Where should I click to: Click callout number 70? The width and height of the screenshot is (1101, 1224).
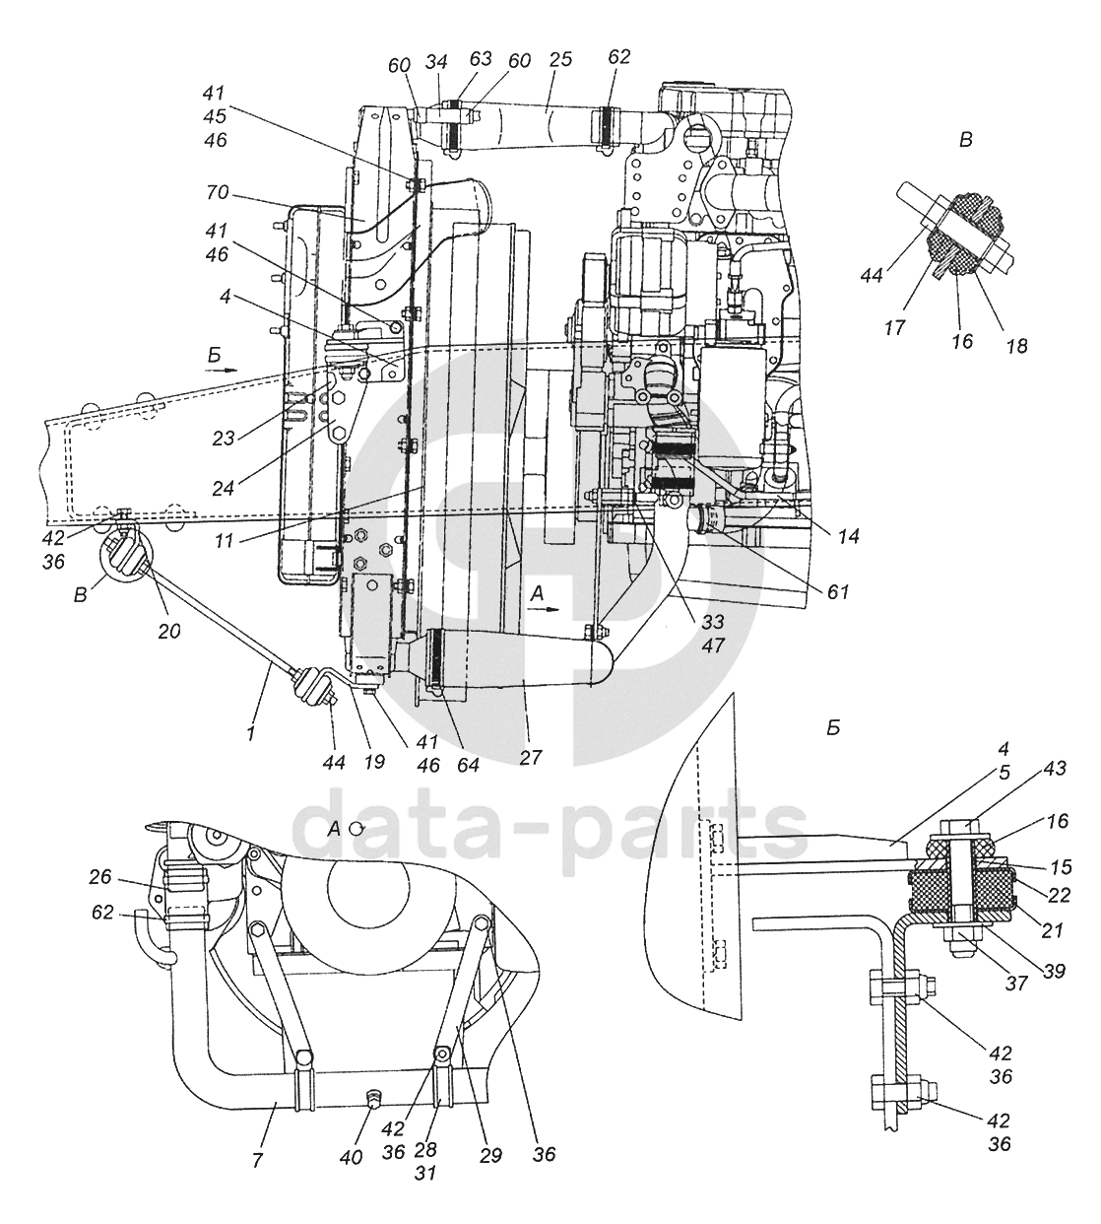pyautogui.click(x=218, y=193)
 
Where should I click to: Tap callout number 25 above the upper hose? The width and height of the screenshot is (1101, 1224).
pyautogui.click(x=560, y=60)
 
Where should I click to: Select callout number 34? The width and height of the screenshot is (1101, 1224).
pyautogui.click(x=436, y=62)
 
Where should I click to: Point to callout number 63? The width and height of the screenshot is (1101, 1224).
pyautogui.click(x=481, y=58)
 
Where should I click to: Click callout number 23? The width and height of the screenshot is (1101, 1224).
pyautogui.click(x=224, y=439)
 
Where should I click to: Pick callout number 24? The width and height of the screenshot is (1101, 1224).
pyautogui.click(x=225, y=489)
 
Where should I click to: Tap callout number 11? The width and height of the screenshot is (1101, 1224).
pyautogui.click(x=225, y=541)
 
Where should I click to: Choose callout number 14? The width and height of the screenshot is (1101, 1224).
pyautogui.click(x=849, y=536)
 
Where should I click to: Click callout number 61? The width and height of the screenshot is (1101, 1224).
pyautogui.click(x=837, y=591)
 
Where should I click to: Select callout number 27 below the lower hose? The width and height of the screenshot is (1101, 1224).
pyautogui.click(x=530, y=757)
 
